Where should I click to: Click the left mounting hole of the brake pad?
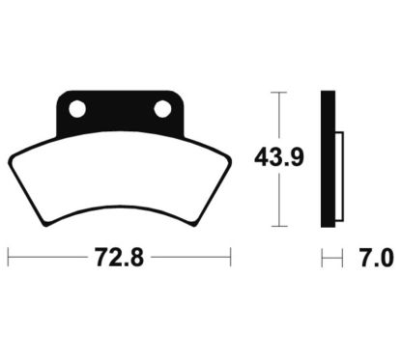pyautogui.click(x=77, y=109)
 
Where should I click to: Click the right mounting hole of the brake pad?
pyautogui.click(x=162, y=109)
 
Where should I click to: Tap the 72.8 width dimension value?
pyautogui.click(x=119, y=258)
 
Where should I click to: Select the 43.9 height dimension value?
pyautogui.click(x=279, y=157)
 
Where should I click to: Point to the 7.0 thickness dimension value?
pyautogui.click(x=377, y=258)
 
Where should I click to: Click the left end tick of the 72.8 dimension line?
pyautogui.click(x=8, y=257)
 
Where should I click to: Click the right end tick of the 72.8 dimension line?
pyautogui.click(x=231, y=257)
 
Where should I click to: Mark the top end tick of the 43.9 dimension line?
pyautogui.click(x=279, y=93)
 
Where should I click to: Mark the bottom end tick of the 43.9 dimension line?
pyautogui.click(x=279, y=226)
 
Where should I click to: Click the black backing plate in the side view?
pyautogui.click(x=328, y=159)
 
